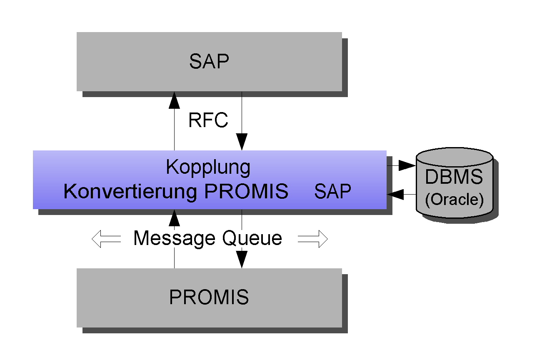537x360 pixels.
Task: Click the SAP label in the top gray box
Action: [209, 62]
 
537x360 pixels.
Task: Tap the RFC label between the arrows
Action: [208, 120]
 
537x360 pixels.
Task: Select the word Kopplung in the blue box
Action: [208, 167]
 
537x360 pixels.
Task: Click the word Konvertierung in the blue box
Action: [130, 192]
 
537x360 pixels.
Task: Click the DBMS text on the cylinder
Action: [454, 177]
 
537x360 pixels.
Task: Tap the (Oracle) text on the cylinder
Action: [454, 200]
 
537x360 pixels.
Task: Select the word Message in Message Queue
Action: [175, 238]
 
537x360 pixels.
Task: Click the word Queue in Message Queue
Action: [252, 238]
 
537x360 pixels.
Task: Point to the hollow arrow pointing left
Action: [106, 239]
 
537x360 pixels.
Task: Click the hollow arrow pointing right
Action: [313, 239]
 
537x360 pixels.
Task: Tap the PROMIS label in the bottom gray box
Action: [209, 297]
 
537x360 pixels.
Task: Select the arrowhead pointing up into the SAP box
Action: [174, 100]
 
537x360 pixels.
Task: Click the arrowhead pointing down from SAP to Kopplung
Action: [242, 142]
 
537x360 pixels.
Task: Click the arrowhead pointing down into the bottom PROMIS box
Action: [242, 260]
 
